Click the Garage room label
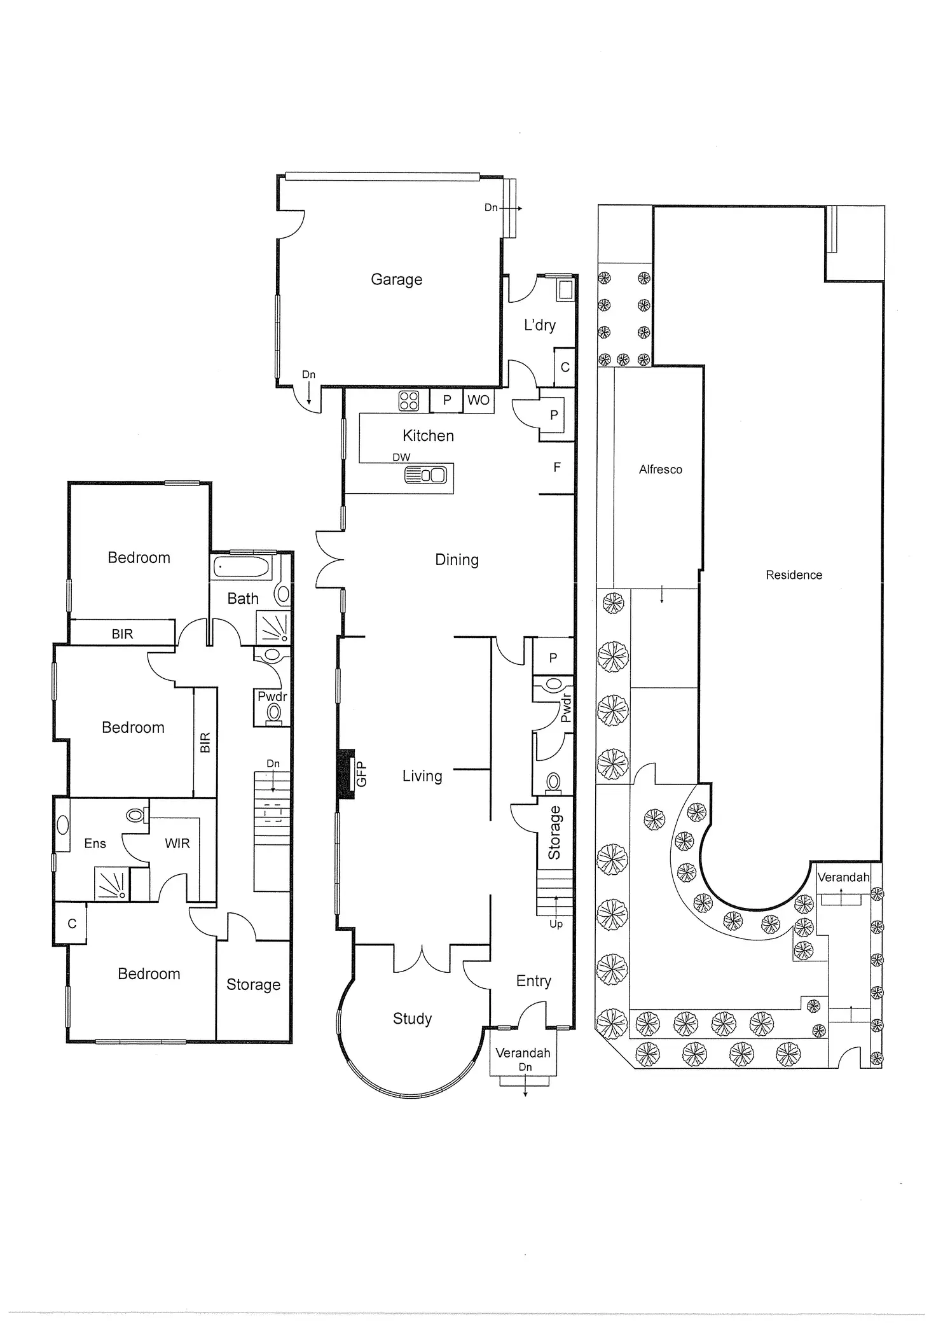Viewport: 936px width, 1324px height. point(396,279)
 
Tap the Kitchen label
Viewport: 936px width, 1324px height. point(428,436)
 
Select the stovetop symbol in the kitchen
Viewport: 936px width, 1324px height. point(409,401)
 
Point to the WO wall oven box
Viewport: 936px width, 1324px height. point(478,400)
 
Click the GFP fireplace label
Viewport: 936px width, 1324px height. point(361,774)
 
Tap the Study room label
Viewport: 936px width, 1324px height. point(412,1019)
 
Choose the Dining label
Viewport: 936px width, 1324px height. point(457,560)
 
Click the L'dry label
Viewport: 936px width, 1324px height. point(539,325)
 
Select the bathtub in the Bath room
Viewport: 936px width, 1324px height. point(242,566)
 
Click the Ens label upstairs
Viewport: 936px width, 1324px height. point(95,844)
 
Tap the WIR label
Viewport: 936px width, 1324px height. point(177,844)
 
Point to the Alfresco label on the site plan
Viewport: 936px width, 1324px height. point(660,470)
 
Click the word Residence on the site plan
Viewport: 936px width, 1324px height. point(794,575)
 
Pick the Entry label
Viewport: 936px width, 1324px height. point(533,981)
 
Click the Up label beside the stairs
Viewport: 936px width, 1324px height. point(556,924)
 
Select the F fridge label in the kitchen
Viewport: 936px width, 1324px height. point(557,468)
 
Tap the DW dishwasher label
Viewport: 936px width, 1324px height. point(401,457)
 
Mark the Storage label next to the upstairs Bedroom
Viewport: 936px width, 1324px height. point(253,985)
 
